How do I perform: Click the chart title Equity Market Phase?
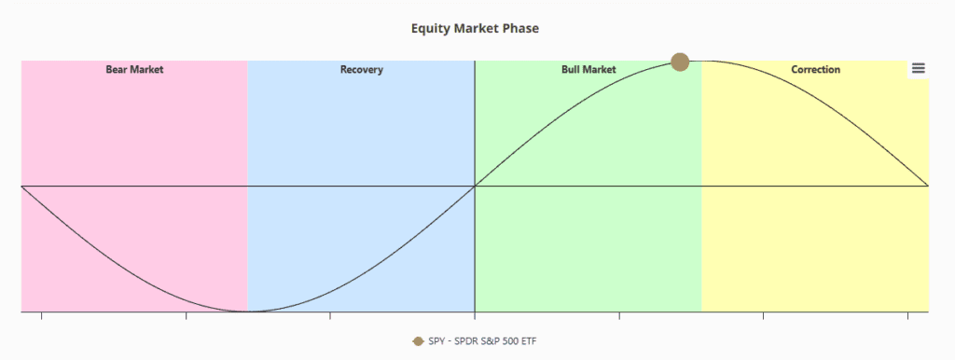click(475, 29)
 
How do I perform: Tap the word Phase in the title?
click(520, 29)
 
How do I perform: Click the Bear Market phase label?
click(134, 69)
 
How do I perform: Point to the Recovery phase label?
click(361, 69)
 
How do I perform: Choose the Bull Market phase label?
click(588, 69)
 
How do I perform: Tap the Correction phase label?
click(815, 69)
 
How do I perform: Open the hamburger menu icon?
click(919, 69)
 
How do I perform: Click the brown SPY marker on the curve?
click(680, 62)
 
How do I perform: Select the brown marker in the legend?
click(418, 341)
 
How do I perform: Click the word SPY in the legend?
click(436, 341)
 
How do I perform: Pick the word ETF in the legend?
click(530, 341)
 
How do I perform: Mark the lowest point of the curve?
click(248, 312)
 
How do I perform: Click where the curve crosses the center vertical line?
click(475, 186)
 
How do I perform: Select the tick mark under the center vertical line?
click(475, 315)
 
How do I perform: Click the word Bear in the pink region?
click(117, 69)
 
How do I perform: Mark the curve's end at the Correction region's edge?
click(928, 186)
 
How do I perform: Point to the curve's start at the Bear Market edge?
click(21, 186)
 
